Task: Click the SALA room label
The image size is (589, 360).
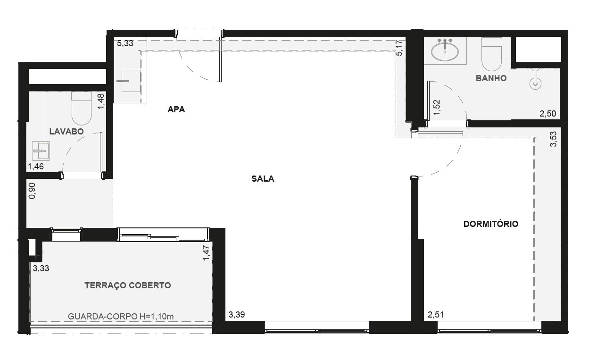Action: point(263,179)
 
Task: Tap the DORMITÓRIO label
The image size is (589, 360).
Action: point(490,224)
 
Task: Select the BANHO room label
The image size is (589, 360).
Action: point(491,78)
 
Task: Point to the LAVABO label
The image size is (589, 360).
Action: point(66,131)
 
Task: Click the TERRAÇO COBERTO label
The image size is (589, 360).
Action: point(128,285)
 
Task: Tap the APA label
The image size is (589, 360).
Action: point(176,109)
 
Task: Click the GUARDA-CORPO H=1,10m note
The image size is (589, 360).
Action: point(121,316)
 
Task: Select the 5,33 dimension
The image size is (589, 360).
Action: point(125,43)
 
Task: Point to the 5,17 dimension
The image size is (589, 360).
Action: point(399,48)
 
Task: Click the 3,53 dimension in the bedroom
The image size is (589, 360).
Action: point(554,139)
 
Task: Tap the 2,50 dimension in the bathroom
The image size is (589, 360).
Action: point(548,114)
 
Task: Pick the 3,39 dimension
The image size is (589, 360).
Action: point(237,315)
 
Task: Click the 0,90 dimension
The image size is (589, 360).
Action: point(32,191)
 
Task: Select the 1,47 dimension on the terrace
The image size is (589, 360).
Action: point(207,253)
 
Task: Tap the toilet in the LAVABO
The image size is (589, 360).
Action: point(82,108)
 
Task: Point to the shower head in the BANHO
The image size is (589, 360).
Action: point(535,79)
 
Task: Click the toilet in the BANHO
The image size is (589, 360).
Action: point(492,54)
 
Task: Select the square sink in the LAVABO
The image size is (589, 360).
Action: point(41,151)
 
